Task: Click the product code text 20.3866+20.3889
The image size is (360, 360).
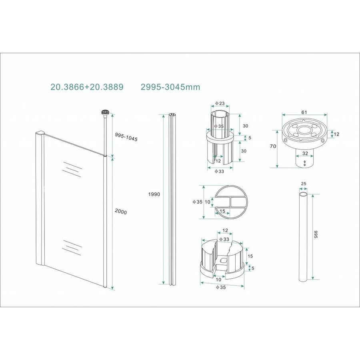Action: tap(87, 87)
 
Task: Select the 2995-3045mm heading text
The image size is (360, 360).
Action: tap(170, 87)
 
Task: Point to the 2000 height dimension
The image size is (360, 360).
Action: tap(120, 212)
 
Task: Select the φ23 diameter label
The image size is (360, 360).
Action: tap(220, 103)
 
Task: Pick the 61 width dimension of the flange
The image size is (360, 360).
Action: tap(304, 112)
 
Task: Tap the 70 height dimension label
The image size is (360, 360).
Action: tap(273, 147)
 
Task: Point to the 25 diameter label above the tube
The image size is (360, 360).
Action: tap(303, 184)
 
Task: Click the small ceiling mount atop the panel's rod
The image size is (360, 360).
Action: tap(106, 113)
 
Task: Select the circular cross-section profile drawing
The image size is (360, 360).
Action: tap(231, 202)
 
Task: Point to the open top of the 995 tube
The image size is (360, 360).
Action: tap(304, 194)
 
